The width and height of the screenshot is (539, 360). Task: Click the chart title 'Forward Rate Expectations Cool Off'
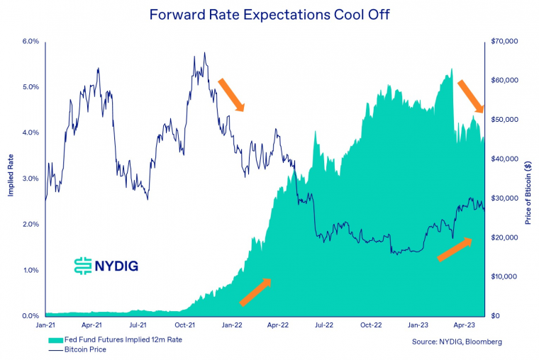coord(269,14)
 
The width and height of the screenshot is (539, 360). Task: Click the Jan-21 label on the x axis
coord(45,326)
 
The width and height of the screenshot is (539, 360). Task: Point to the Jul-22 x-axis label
coord(323,326)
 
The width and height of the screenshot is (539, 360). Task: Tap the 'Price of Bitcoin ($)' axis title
coord(528,193)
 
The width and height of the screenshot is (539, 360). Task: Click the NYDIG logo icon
coord(84,265)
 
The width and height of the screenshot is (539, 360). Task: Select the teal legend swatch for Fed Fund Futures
coord(54,341)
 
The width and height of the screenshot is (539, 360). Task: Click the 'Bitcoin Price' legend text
coord(85,349)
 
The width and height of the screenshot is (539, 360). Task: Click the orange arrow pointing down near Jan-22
coord(231,95)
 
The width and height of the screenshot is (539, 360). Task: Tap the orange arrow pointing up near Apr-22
coord(255,292)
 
